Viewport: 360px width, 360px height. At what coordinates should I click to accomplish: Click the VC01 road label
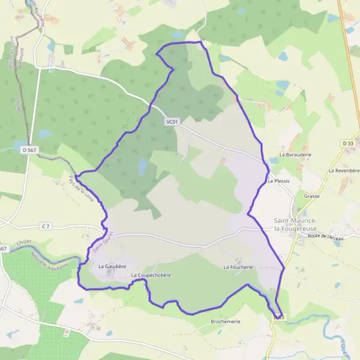pos(172,122)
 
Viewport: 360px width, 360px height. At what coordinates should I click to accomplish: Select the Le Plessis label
pos(278,180)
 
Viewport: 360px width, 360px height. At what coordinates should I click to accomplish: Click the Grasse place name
pos(312,196)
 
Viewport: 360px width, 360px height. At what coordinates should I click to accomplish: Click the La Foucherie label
pos(238,266)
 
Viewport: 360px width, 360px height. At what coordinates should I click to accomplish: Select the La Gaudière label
pos(112,265)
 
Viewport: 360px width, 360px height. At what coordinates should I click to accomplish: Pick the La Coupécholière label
pos(151,275)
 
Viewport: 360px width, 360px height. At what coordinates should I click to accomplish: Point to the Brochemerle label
pos(226,322)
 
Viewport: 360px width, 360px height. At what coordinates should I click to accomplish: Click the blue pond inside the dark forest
pos(142,167)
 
